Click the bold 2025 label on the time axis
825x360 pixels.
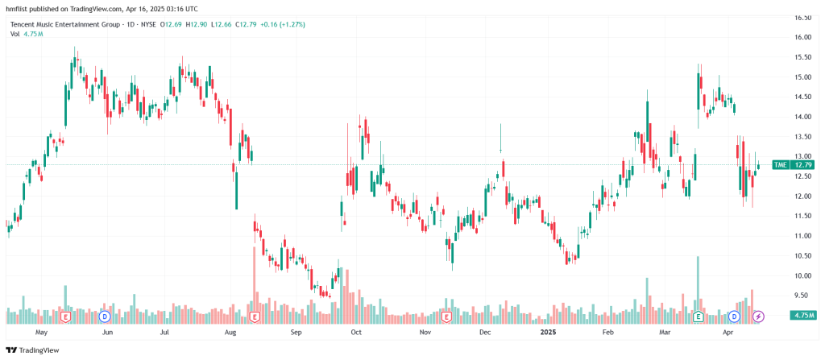pos(548,332)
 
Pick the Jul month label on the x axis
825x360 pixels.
pos(164,332)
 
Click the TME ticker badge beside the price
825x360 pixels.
pos(780,165)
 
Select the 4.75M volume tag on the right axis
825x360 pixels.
pos(802,315)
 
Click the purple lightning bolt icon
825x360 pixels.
pos(758,317)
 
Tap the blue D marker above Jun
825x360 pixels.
pos(105,317)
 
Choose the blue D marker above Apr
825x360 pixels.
pos(734,317)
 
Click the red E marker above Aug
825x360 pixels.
pos(255,317)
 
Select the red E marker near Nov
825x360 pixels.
pos(446,317)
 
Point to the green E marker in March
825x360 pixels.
pos(698,317)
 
